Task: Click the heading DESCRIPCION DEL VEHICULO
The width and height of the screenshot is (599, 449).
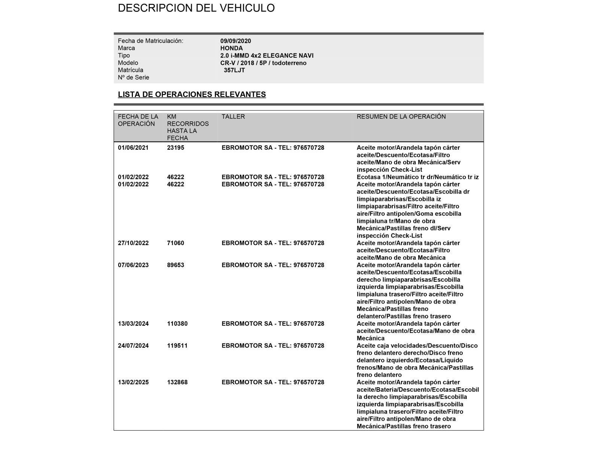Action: coord(196,8)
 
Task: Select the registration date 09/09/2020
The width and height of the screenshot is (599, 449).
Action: coord(235,41)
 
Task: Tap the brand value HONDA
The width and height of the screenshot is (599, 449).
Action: coord(231,48)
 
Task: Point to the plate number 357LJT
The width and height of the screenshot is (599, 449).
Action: coord(234,70)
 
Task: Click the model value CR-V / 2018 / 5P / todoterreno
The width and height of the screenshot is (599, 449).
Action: coord(263,63)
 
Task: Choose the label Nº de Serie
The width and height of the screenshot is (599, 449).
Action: coord(133,77)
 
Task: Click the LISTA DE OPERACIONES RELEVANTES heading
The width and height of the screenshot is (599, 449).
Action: coord(192,94)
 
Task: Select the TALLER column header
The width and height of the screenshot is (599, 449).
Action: coord(233,116)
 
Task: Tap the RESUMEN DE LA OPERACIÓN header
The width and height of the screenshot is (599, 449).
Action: coord(401,116)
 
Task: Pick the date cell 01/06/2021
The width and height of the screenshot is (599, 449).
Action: coord(133,148)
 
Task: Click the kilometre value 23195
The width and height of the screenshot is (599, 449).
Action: coord(176,148)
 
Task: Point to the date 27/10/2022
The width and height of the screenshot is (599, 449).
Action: coord(133,243)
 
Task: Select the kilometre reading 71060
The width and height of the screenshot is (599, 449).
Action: coord(176,243)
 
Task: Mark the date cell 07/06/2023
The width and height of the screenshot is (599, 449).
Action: coord(133,265)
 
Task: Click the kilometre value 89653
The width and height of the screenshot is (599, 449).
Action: coord(176,265)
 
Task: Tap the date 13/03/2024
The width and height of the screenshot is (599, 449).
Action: coord(133,324)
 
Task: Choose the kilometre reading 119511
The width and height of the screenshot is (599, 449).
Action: coord(177,346)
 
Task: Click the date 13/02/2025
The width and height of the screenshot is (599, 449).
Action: coord(133,382)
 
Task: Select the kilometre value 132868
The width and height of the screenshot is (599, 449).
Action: coord(177,382)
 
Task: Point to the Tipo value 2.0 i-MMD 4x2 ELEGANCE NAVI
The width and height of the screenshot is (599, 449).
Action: coord(267,56)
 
